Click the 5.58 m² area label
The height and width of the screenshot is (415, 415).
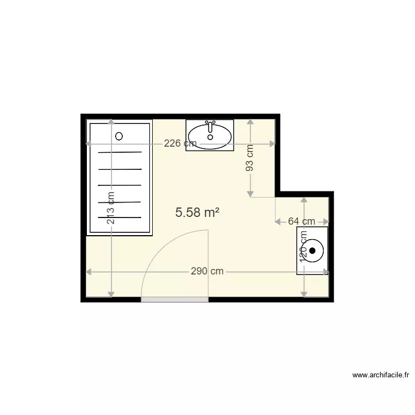(198, 212)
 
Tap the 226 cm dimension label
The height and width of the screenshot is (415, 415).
(180, 144)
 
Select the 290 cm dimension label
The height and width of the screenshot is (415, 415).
(207, 272)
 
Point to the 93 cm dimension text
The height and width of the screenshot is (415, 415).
(250, 158)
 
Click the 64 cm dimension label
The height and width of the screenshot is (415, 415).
(302, 221)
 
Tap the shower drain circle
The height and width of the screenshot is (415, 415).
(119, 136)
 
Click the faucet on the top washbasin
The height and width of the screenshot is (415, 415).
(210, 127)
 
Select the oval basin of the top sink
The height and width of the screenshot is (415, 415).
(210, 135)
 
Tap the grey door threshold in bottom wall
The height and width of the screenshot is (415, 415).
(174, 299)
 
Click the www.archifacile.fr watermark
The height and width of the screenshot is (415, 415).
(381, 375)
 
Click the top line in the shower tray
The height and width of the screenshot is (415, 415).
(120, 152)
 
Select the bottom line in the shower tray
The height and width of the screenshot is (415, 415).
(120, 217)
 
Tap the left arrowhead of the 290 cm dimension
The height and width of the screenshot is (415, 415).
(89, 272)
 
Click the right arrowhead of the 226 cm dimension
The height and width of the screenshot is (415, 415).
(272, 144)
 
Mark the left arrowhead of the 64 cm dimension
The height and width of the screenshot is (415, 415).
(278, 221)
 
